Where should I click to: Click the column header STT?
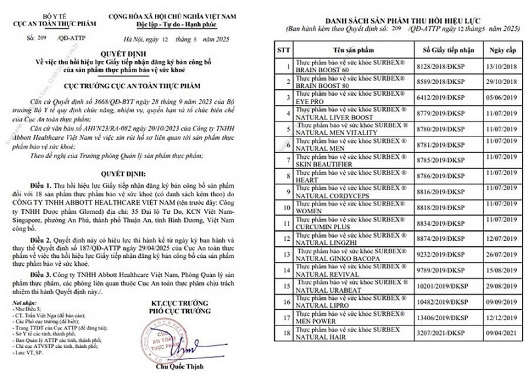[283, 49]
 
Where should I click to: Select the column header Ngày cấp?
[499, 49]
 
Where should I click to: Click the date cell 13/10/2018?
[499, 66]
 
